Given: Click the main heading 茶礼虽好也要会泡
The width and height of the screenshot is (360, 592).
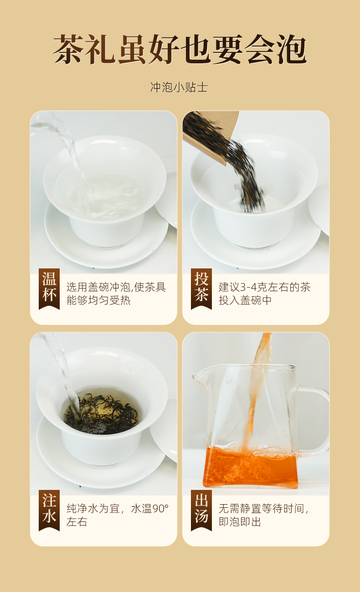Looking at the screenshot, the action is (180, 49).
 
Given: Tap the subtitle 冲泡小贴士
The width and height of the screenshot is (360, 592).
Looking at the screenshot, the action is (179, 87).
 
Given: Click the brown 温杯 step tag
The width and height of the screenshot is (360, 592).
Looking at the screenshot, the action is (49, 288).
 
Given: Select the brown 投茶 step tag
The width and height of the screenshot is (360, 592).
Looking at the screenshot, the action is (201, 288).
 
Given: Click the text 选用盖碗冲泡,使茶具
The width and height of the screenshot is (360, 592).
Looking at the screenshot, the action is (116, 287).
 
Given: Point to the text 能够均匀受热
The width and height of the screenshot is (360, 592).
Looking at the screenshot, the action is (98, 300).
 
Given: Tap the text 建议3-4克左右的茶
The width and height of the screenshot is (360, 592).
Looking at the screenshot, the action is (264, 287).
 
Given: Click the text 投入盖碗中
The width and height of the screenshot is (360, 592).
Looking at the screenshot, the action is (245, 300).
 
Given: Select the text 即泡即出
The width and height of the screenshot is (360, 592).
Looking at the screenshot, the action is (240, 522).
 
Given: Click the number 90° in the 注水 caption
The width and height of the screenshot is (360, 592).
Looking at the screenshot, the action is (160, 509).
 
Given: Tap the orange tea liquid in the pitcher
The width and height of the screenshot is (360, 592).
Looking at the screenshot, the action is (250, 467).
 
